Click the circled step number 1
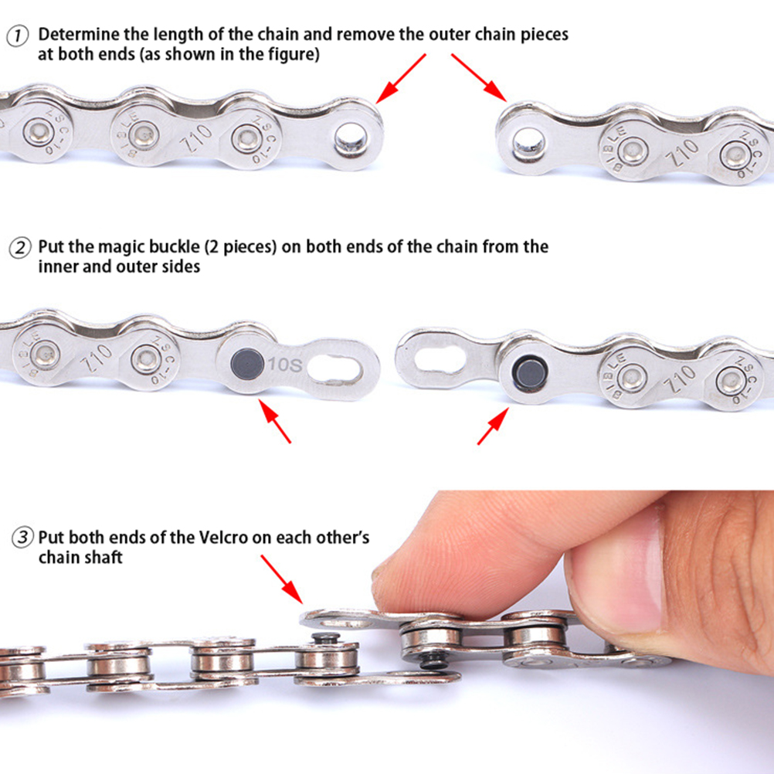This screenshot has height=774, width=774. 17,37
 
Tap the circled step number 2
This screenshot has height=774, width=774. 20,248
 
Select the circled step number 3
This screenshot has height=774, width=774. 22,538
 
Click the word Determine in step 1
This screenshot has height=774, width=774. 80,34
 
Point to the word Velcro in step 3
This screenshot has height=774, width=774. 223,537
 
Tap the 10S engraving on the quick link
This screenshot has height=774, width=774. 285,365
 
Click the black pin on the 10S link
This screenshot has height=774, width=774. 247,364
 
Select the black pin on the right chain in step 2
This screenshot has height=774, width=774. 530,374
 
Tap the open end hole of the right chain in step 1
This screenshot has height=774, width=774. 528,144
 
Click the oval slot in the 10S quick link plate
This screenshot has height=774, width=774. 334,367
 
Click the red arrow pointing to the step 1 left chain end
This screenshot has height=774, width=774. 401,79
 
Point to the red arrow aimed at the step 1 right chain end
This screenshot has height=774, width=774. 479,77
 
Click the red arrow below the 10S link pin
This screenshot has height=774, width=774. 275,421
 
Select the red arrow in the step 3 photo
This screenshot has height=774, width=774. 282,579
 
